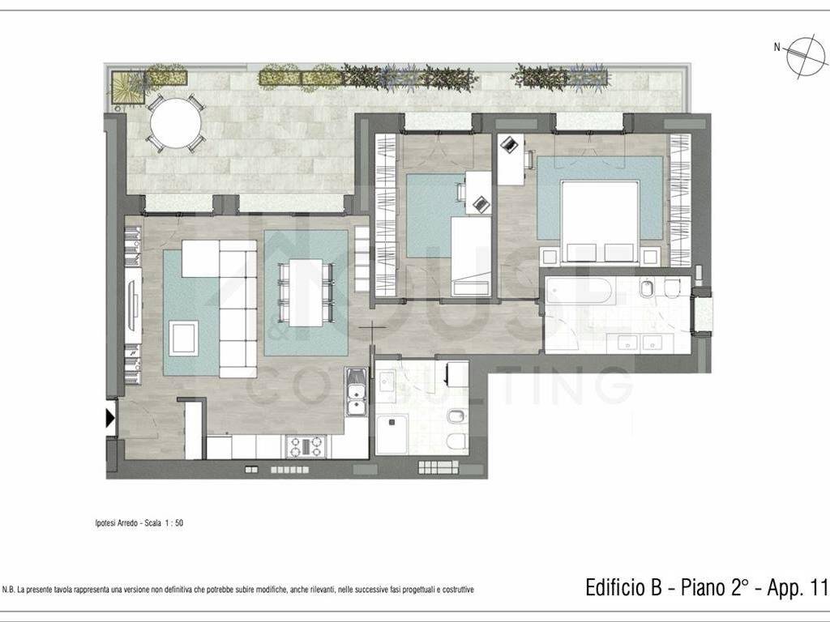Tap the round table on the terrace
point(176,123)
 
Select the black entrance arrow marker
point(110,419)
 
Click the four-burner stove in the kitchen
point(306,446)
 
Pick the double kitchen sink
point(356,392)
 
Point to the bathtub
point(579,292)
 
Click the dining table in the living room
point(306,292)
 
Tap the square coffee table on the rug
point(184,338)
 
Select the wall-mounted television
point(134,305)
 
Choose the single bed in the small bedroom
point(471,256)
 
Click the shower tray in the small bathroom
point(392,434)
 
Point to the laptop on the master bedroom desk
point(509,143)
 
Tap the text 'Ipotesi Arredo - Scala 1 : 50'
point(139,523)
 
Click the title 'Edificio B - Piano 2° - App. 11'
point(706,587)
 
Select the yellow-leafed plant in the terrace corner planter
point(127,87)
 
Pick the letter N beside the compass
point(777,47)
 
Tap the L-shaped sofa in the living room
point(228,296)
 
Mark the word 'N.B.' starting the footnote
point(8,590)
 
